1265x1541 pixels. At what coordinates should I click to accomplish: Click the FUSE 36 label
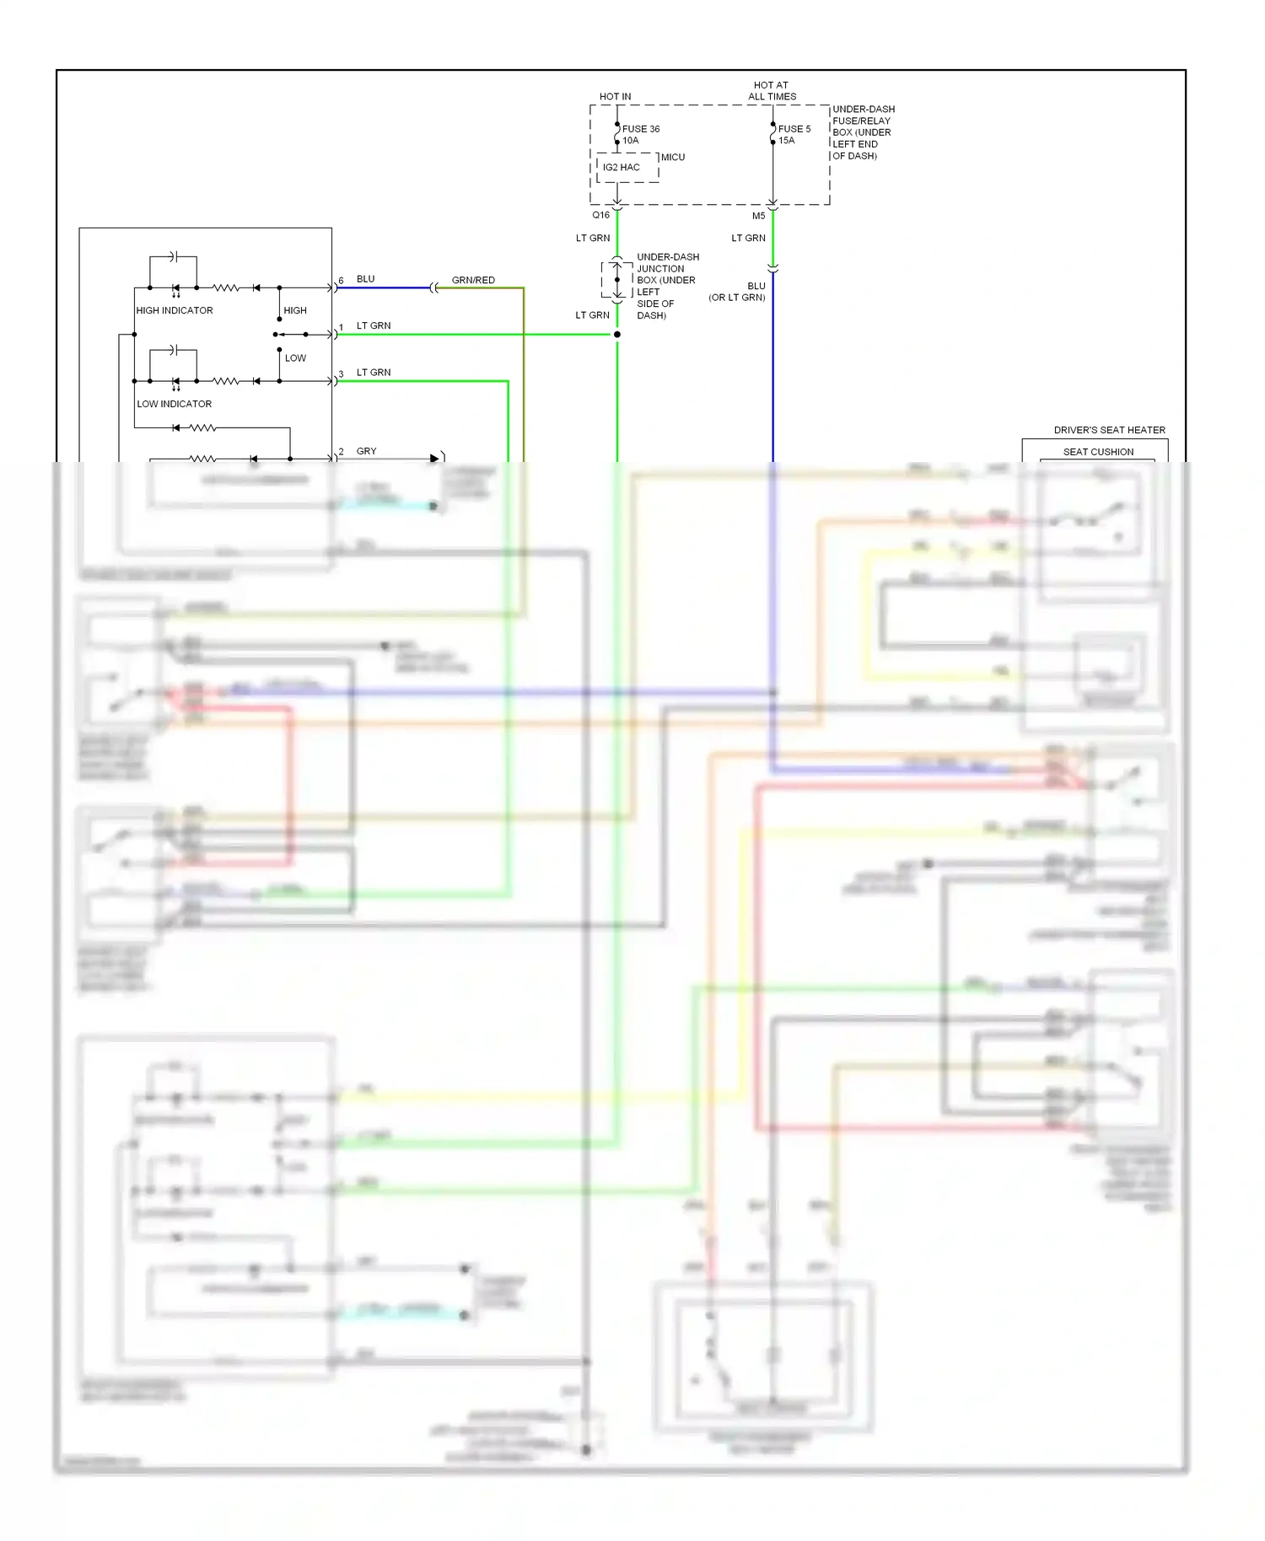[x=640, y=129]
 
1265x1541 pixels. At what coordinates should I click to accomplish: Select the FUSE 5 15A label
[x=794, y=135]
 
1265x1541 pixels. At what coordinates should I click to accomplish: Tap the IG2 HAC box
[x=622, y=168]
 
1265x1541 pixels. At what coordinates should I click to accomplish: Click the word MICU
[x=672, y=158]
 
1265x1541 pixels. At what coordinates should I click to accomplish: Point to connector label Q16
[x=600, y=215]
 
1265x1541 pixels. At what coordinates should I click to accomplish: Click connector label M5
[x=758, y=216]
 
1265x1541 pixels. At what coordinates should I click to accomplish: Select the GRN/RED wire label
[x=473, y=280]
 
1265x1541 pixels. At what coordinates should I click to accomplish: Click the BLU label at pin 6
[x=365, y=279]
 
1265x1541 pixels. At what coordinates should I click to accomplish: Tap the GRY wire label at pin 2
[x=366, y=451]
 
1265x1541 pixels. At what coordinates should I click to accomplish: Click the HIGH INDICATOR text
[x=175, y=310]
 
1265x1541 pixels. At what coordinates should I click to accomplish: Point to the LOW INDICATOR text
[x=175, y=404]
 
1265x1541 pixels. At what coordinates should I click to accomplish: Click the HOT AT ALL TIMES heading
[x=772, y=91]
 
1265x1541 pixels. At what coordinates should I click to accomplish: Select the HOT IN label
[x=615, y=97]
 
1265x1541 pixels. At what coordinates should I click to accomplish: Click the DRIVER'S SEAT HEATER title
[x=1109, y=430]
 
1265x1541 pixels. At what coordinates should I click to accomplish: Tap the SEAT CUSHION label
[x=1098, y=452]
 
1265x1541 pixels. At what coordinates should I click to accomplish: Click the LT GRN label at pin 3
[x=374, y=372]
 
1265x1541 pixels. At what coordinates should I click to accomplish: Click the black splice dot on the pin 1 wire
[x=617, y=335]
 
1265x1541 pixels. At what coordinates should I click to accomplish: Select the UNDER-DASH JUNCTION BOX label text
[x=666, y=286]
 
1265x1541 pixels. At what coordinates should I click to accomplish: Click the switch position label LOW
[x=295, y=358]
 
